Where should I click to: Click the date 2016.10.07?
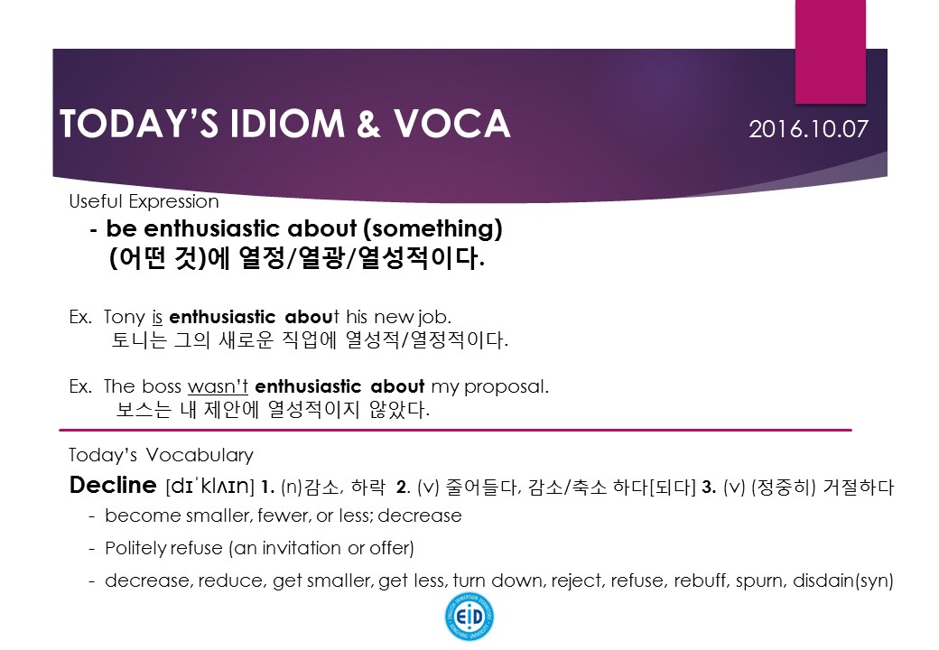pyautogui.click(x=808, y=129)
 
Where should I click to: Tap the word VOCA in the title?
pyautogui.click(x=451, y=124)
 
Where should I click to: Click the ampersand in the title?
pyautogui.click(x=367, y=124)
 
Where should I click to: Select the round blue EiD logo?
pyautogui.click(x=469, y=617)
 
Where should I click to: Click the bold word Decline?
pyautogui.click(x=113, y=485)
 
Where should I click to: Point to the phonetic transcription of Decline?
pyautogui.click(x=209, y=486)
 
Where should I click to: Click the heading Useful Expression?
pyautogui.click(x=144, y=201)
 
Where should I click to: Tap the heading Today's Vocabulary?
pyautogui.click(x=161, y=456)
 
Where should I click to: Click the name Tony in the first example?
pyautogui.click(x=125, y=317)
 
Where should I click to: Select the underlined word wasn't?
pyautogui.click(x=218, y=386)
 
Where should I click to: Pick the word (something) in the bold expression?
pyautogui.click(x=433, y=228)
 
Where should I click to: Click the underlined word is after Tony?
pyautogui.click(x=157, y=317)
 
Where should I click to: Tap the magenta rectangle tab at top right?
pyautogui.click(x=830, y=51)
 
